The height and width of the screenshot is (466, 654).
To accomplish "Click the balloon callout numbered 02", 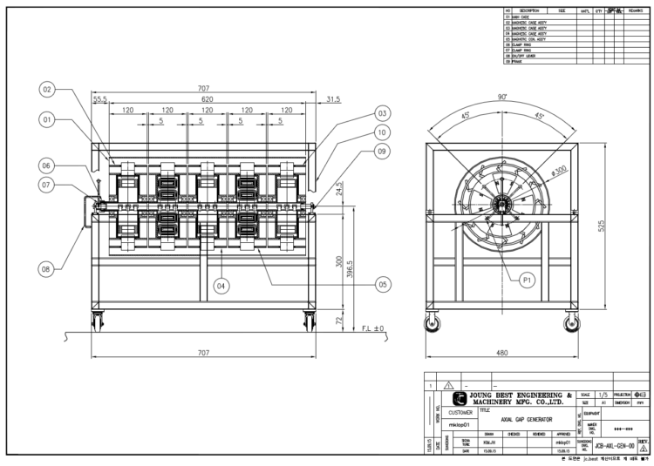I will click(x=47, y=89).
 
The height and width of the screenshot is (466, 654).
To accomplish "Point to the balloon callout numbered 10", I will click(x=381, y=132).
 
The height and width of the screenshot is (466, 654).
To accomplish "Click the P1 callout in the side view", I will click(x=527, y=280).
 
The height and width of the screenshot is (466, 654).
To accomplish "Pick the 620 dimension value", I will click(x=207, y=100).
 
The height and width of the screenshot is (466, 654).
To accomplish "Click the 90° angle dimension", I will click(x=501, y=97).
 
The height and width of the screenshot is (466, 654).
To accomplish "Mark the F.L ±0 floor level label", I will click(x=373, y=329).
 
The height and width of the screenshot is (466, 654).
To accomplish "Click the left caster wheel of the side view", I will click(x=432, y=326).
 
